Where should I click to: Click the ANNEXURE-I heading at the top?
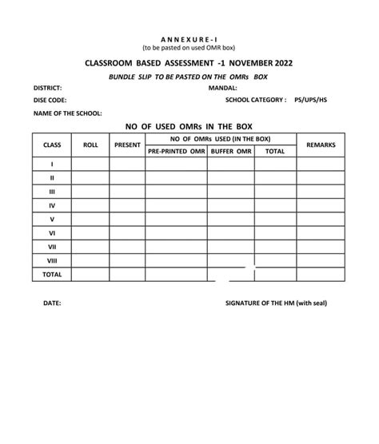point(189,39)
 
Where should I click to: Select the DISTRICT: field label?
point(48,87)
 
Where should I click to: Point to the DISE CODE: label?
point(50,100)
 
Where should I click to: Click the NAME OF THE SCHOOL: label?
point(67,113)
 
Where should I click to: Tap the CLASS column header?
point(52,145)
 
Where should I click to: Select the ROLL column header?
point(90,145)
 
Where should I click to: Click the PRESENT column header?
point(128,145)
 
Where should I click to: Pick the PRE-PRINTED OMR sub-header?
point(177,150)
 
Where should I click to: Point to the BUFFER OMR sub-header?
point(231,150)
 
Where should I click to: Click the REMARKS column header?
point(321,145)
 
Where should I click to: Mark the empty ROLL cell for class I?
point(90,164)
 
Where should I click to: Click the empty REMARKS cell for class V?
point(321,219)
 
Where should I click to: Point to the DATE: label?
point(51,303)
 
